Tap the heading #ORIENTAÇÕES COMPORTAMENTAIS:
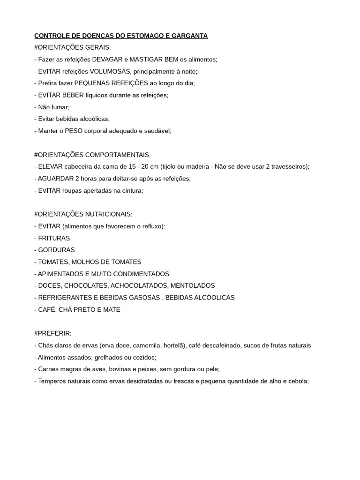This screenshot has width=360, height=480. pyautogui.click(x=92, y=155)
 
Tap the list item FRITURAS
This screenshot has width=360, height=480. pyautogui.click(x=54, y=238)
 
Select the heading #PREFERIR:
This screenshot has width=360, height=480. pyautogui.click(x=53, y=333)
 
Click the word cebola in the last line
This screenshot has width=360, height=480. pyautogui.click(x=298, y=381)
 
